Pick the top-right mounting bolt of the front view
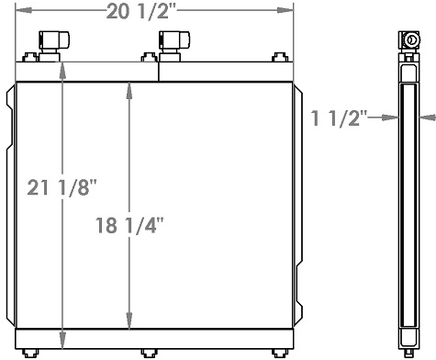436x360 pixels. (275, 59)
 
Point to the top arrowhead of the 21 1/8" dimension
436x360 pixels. (61, 65)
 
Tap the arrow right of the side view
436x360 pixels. (427, 117)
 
